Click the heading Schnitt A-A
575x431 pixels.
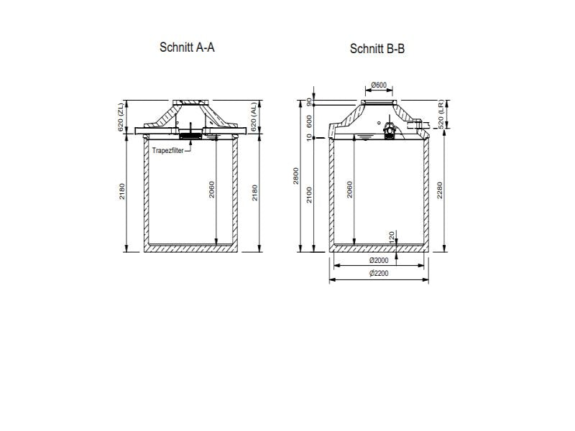(x=187, y=47)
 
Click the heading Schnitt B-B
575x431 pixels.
(x=377, y=49)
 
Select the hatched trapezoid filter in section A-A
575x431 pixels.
(x=190, y=134)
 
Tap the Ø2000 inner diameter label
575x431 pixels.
(x=378, y=260)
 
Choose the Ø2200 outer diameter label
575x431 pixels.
(x=378, y=274)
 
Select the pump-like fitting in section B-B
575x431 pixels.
(x=390, y=131)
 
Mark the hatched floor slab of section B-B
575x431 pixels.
(x=378, y=249)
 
